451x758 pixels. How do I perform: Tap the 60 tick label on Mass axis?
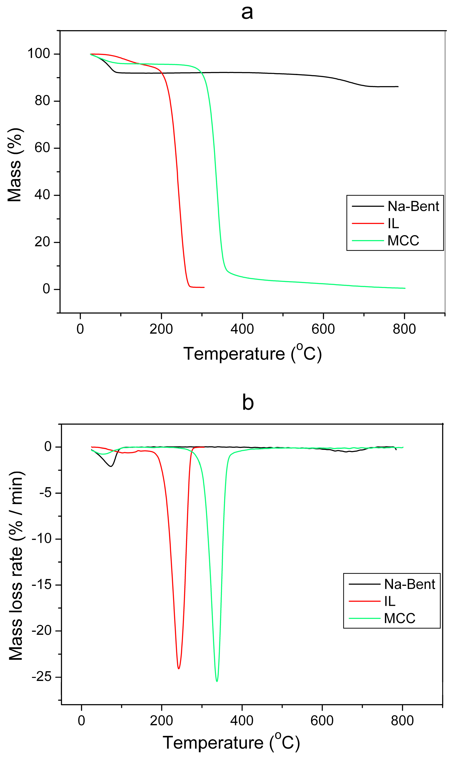click(x=42, y=148)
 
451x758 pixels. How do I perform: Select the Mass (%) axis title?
click(x=15, y=165)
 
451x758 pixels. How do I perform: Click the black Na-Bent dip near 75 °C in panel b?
click(x=111, y=466)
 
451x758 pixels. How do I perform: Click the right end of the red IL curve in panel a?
click(x=204, y=287)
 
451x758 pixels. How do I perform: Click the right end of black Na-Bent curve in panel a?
click(x=398, y=87)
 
